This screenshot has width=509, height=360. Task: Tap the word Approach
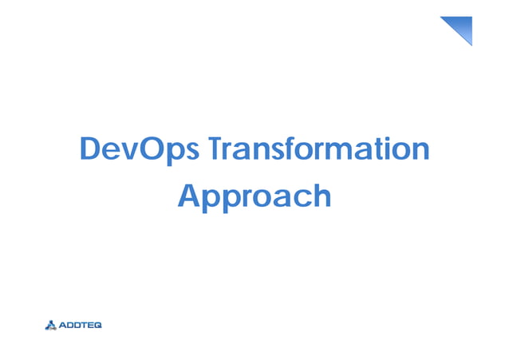[x=254, y=196]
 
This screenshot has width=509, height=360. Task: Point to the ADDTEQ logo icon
[x=52, y=325]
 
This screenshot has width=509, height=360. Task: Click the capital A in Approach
[x=188, y=195]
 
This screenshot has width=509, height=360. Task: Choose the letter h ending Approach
[x=320, y=195]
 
